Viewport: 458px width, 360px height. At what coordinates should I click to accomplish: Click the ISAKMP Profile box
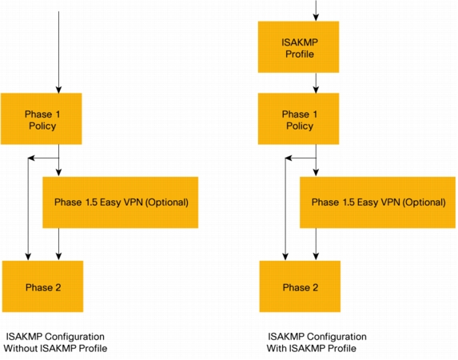298,46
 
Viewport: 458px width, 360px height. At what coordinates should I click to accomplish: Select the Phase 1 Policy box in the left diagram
42,118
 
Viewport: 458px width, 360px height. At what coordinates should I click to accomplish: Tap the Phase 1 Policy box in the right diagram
298,118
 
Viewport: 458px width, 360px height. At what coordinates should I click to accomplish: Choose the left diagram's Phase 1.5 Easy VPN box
121,202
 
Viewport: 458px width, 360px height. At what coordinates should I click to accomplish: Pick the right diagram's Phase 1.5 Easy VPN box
378,202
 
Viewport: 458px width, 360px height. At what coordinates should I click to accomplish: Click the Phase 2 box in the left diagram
42,286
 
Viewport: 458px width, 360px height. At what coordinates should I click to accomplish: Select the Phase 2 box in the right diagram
300,286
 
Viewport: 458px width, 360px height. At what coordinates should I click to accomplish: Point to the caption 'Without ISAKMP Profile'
55,348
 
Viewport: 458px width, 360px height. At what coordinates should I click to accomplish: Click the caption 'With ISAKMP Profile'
312,348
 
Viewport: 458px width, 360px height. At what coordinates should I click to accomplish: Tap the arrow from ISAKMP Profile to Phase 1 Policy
316,82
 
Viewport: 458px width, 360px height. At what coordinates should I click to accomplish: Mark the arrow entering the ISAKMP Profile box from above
316,10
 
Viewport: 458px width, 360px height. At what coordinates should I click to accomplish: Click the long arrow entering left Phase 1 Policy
58,52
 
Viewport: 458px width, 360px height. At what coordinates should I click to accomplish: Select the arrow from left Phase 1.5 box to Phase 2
58,244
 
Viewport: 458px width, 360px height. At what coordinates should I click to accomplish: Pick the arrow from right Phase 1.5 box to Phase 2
316,244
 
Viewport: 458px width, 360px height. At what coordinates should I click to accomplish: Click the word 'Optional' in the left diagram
167,202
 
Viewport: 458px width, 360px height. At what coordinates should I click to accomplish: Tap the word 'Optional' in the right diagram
424,202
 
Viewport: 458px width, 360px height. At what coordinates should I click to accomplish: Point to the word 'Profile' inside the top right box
300,54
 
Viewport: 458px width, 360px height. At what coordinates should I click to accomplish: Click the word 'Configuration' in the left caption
75,337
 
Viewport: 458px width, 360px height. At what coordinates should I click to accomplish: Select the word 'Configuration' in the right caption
337,337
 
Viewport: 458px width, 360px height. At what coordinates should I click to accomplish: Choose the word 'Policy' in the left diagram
42,126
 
